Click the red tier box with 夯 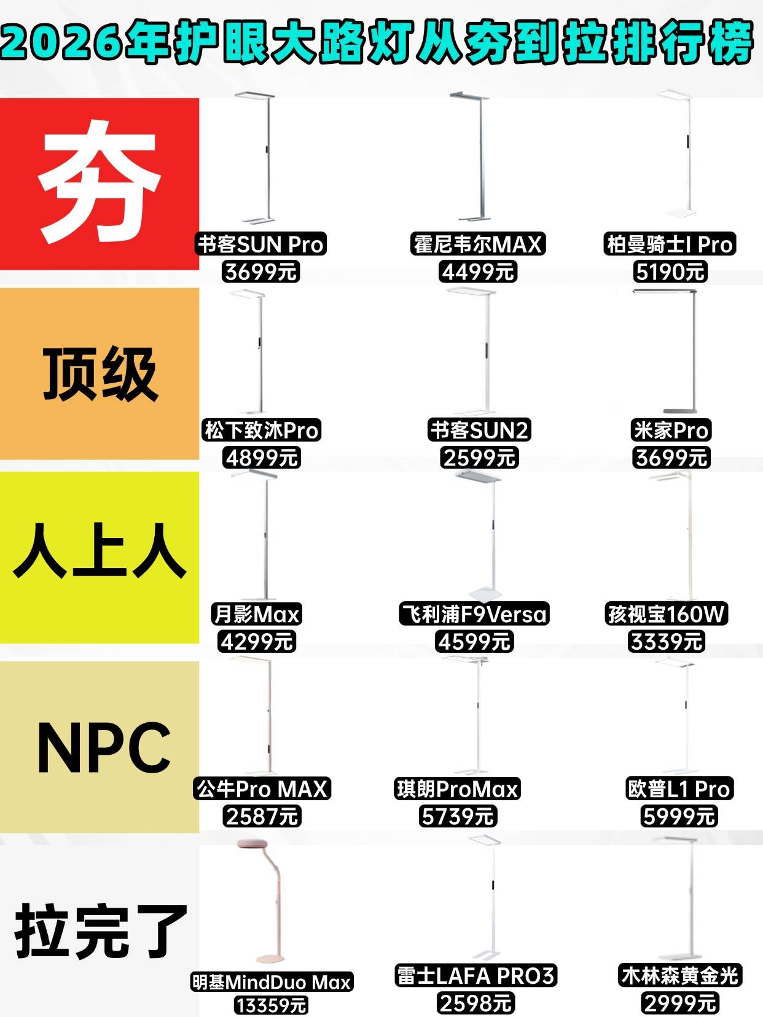coord(100,184)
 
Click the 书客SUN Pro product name coord(261,244)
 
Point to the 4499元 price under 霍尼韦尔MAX coord(477,271)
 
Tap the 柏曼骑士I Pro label coord(670,244)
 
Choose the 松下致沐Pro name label coord(262,431)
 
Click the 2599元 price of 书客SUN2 coord(479,458)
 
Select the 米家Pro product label coord(671,431)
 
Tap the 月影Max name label coord(256,614)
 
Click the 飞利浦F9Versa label coord(474,614)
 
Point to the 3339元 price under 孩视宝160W coord(666,642)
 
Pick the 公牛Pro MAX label coord(262,789)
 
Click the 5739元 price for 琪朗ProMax coord(457,816)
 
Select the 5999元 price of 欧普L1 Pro coord(679,816)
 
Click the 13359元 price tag coord(271,1005)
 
